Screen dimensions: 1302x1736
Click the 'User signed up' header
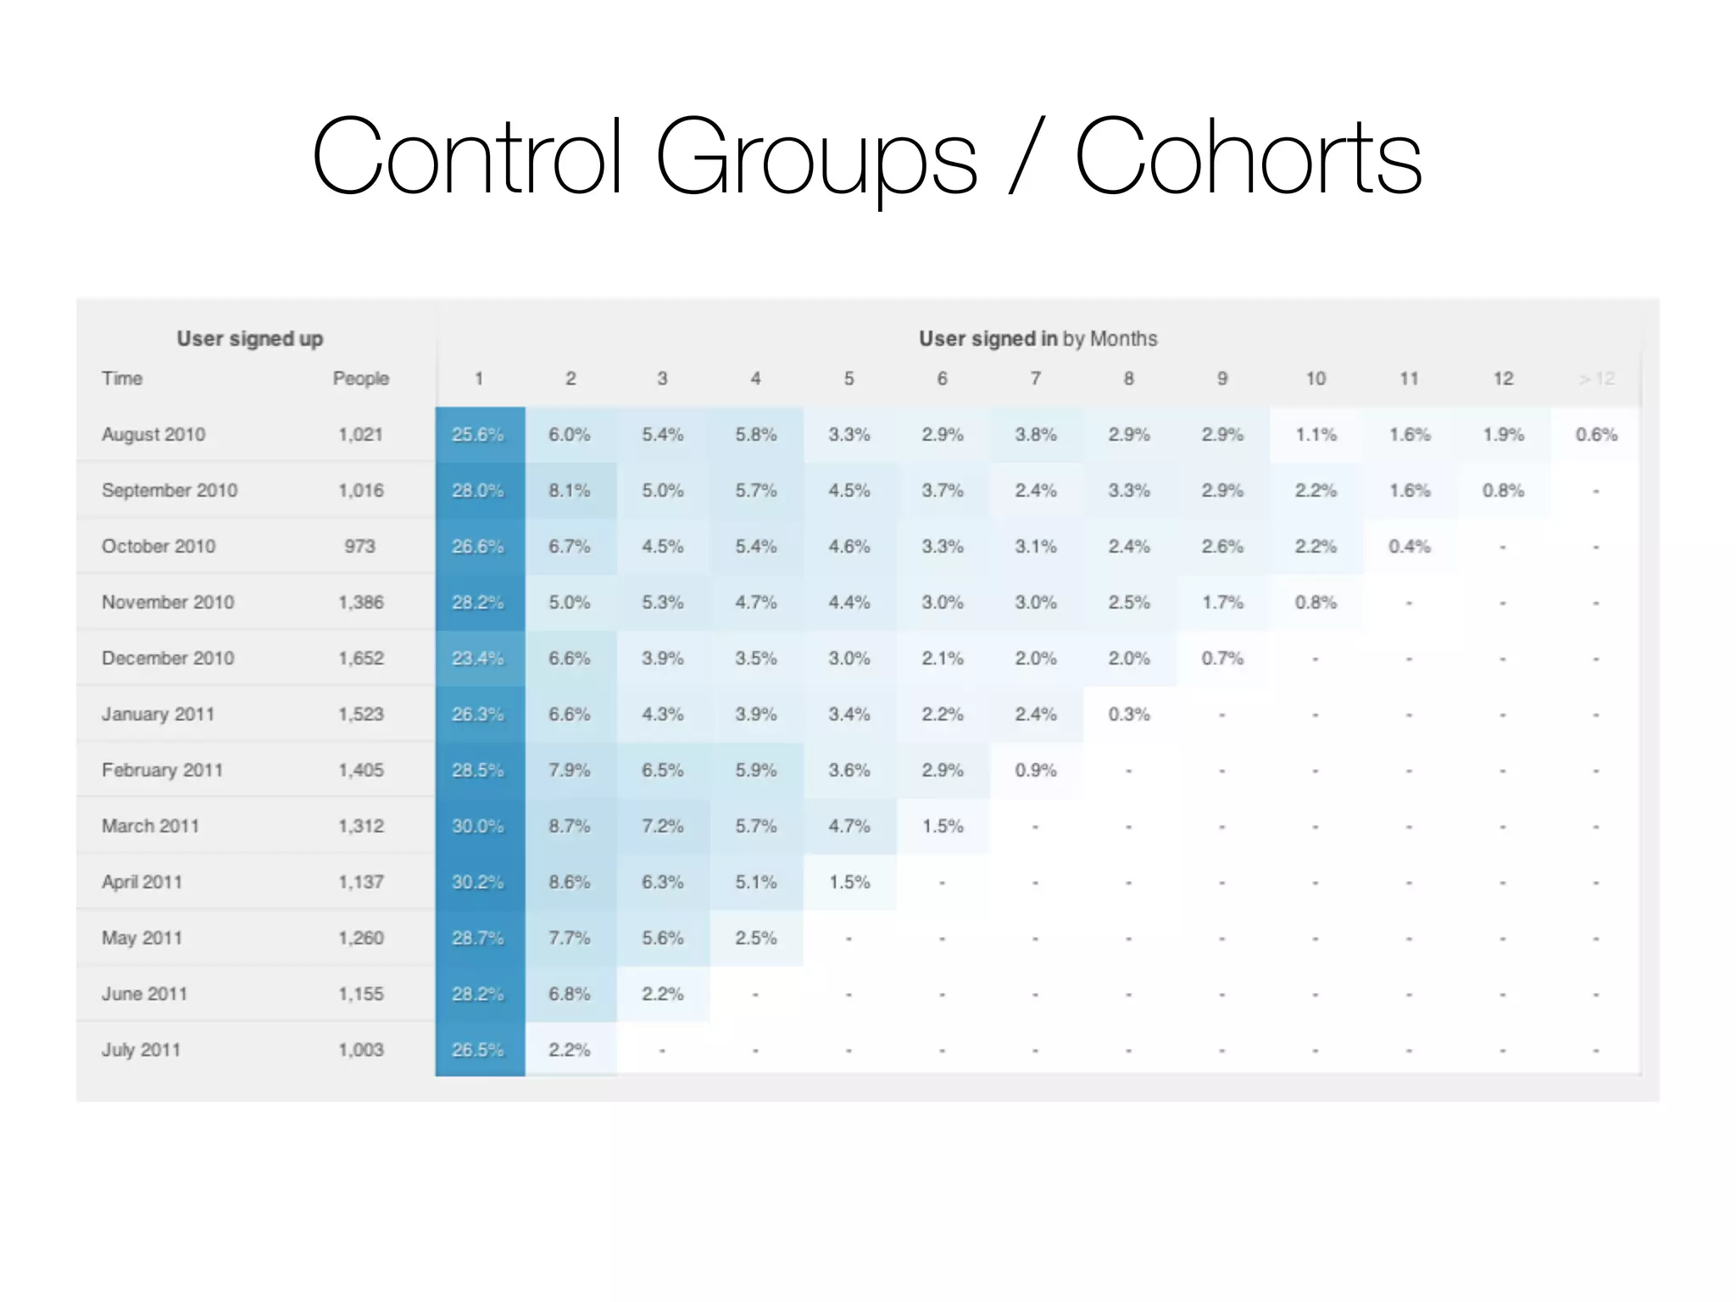point(249,339)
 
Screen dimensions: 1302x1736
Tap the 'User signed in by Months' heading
point(1038,339)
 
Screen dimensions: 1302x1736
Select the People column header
point(360,379)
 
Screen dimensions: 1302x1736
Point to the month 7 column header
point(1035,379)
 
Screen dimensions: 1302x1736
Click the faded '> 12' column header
point(1596,379)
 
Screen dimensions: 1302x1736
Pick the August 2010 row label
point(153,435)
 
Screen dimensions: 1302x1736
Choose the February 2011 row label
point(162,771)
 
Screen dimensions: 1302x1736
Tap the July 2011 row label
point(141,1050)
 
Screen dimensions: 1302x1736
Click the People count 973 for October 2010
point(359,547)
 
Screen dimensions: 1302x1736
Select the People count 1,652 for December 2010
point(360,659)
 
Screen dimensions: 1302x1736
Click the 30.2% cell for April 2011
point(477,882)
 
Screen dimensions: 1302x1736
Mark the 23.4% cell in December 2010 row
point(477,659)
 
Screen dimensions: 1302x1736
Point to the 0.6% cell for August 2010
point(1596,435)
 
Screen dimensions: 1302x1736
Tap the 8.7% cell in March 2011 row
point(569,826)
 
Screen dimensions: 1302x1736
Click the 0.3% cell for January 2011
point(1128,715)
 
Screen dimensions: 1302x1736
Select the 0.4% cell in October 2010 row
point(1409,547)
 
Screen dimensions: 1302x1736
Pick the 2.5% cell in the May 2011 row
point(755,938)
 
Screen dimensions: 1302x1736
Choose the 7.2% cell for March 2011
point(662,826)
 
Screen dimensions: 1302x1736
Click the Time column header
point(122,379)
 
